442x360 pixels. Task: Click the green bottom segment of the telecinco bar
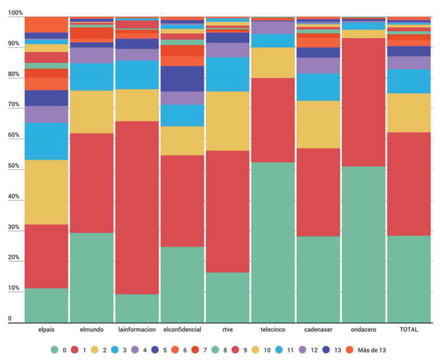[x=273, y=242]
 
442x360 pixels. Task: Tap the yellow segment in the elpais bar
[x=46, y=192]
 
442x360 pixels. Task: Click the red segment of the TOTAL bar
[x=409, y=184]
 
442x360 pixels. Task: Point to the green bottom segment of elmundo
[x=91, y=277]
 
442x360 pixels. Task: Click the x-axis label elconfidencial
[x=182, y=330]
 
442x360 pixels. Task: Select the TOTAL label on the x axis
[x=409, y=330]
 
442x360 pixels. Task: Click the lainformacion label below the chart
[x=137, y=330]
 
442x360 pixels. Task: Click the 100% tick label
[x=15, y=13]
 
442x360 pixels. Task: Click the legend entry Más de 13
[x=367, y=350]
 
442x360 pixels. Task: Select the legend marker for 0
[x=55, y=350]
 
